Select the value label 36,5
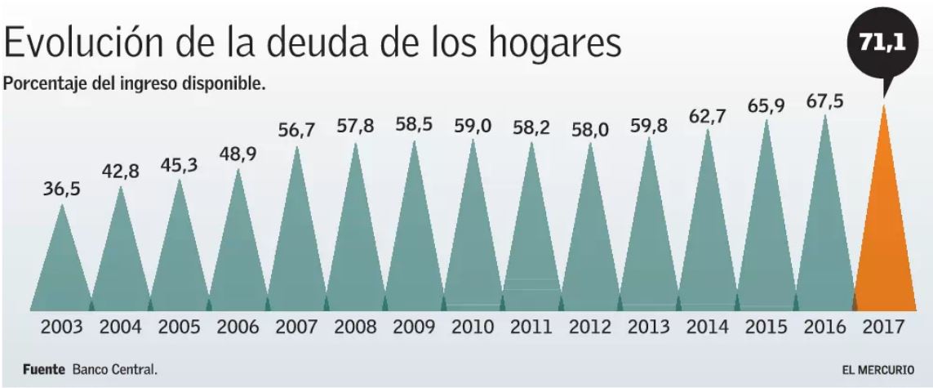pyautogui.click(x=62, y=189)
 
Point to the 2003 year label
pyautogui.click(x=62, y=328)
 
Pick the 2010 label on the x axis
pyautogui.click(x=473, y=328)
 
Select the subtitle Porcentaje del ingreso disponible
pyautogui.click(x=136, y=84)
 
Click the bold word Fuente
pyautogui.click(x=43, y=369)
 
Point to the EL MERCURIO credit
pyautogui.click(x=873, y=369)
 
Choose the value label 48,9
pyautogui.click(x=238, y=154)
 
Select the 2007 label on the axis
pyautogui.click(x=297, y=328)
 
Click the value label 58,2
pyautogui.click(x=532, y=128)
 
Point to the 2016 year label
pyautogui.click(x=825, y=328)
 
